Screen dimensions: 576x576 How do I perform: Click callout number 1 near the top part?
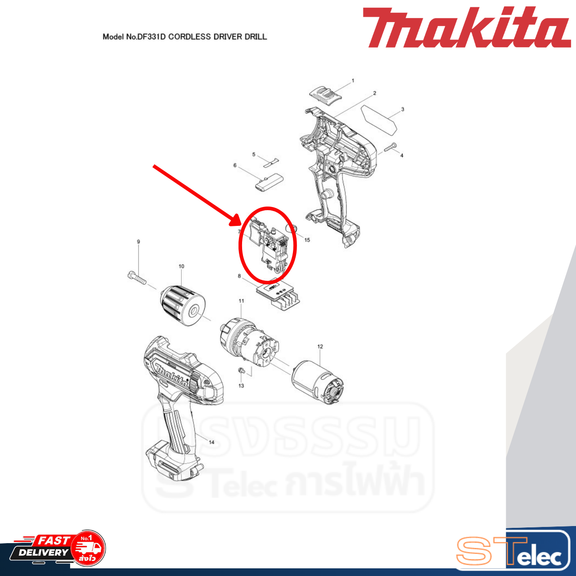[x=353, y=81]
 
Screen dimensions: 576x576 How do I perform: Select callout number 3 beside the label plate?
[x=403, y=109]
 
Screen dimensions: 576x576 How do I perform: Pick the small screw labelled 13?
[x=241, y=371]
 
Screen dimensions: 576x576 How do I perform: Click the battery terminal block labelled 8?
[x=278, y=296]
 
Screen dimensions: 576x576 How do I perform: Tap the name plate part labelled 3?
[x=380, y=118]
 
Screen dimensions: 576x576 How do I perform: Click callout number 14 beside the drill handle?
[x=211, y=442]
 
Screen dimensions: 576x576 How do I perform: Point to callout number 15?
[x=307, y=240]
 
